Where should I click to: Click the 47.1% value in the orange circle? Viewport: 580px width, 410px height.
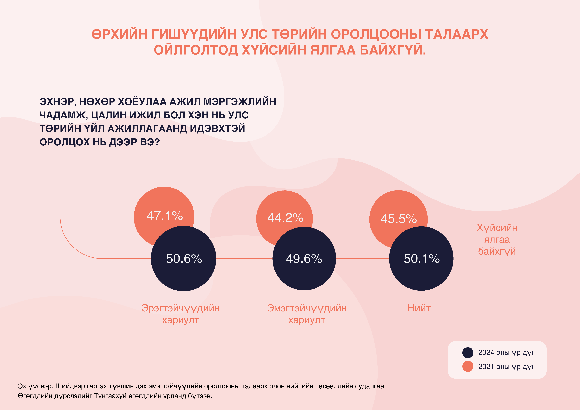(x=165, y=216)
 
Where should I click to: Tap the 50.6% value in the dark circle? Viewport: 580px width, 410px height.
(x=184, y=259)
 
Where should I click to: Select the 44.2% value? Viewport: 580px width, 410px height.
(x=285, y=217)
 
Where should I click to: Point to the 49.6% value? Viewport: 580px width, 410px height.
(x=304, y=259)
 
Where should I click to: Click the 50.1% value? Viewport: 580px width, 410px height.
(x=422, y=259)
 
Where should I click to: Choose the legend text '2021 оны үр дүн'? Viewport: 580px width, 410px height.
(x=507, y=367)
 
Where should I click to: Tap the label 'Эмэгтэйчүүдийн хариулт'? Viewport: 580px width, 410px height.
(x=307, y=314)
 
